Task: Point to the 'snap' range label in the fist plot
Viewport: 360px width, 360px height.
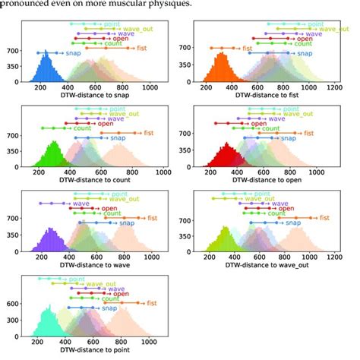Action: (x=304, y=54)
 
